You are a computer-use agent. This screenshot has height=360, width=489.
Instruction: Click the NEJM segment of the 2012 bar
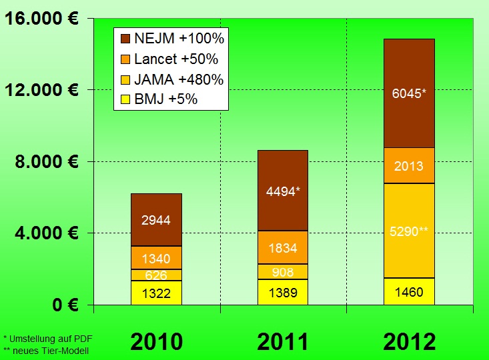409,93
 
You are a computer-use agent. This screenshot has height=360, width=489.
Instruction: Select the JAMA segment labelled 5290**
409,231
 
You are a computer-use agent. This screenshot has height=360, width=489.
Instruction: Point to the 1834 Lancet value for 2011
283,247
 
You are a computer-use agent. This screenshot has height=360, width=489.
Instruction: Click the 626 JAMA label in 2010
156,275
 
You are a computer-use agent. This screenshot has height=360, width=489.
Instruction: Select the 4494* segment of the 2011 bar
283,191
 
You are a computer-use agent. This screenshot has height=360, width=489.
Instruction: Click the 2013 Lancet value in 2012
409,165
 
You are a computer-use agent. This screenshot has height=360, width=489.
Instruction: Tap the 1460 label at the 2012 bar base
409,291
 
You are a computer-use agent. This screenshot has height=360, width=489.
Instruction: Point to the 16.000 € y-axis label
43,19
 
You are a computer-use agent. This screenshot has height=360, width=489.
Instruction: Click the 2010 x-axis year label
156,341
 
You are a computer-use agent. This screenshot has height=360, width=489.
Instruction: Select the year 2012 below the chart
409,341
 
